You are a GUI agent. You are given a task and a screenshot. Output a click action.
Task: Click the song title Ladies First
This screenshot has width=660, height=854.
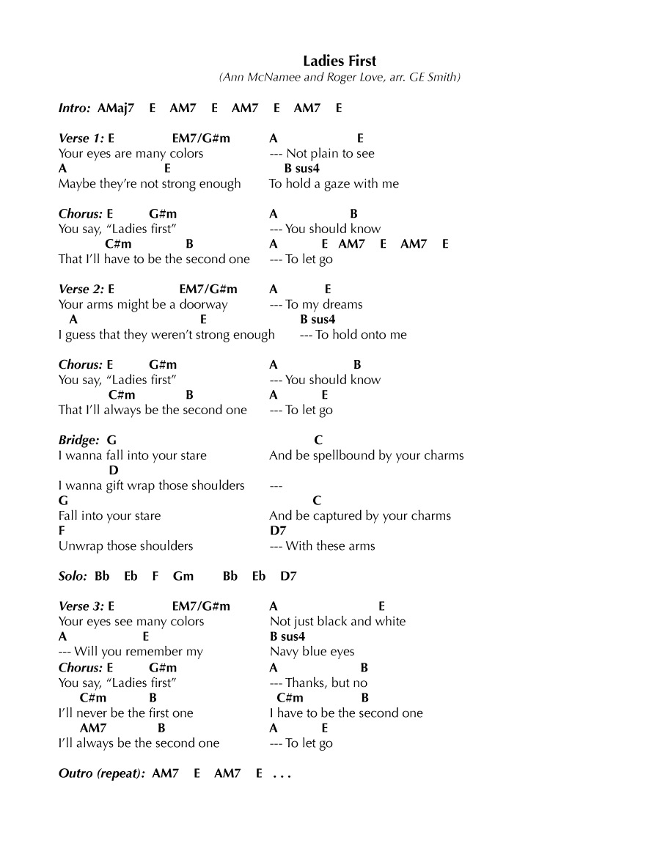[340, 61]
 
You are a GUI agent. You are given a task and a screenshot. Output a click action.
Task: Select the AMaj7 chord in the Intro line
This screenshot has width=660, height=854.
[116, 108]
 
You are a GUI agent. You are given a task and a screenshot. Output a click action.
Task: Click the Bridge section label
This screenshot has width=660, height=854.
[78, 441]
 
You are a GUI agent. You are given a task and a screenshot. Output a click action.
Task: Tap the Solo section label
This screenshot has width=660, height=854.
[73, 576]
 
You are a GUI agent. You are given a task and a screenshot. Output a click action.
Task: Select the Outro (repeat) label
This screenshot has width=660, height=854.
[101, 773]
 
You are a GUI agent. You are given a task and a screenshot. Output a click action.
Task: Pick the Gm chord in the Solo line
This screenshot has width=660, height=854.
[183, 576]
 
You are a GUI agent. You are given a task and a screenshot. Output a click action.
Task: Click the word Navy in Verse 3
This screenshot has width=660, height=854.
[285, 652]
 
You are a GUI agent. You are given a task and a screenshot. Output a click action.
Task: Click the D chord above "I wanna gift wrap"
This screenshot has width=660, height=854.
[114, 471]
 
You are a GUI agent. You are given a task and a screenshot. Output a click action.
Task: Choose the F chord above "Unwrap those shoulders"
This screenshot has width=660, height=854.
[62, 531]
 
